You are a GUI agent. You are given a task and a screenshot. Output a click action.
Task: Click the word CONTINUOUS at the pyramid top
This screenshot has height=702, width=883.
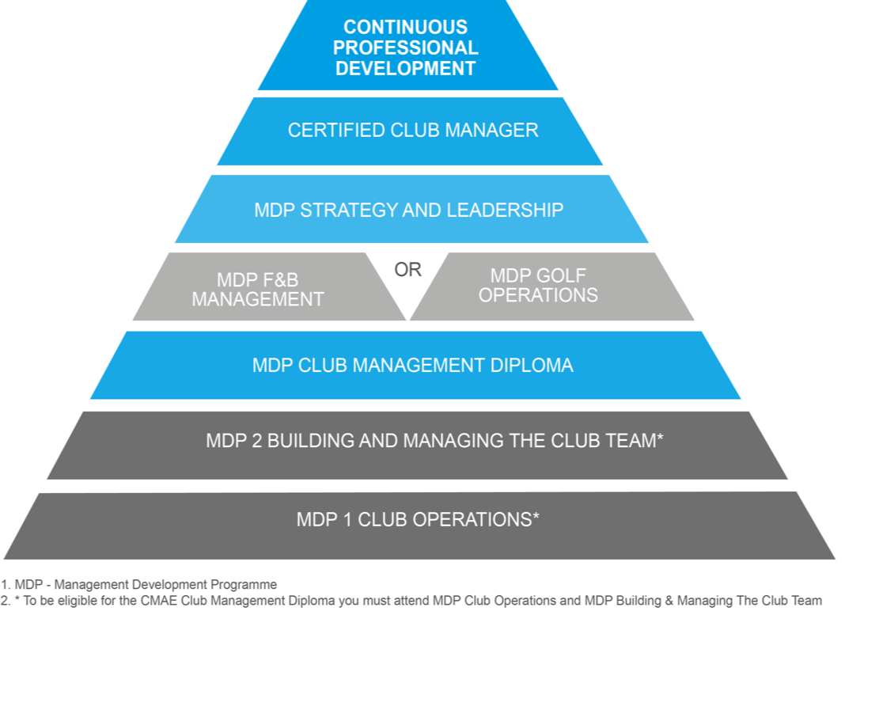coord(405,28)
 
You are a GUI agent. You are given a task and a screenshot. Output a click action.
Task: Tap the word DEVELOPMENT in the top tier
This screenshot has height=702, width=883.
coord(405,69)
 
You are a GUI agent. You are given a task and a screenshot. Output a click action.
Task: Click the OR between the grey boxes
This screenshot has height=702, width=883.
coord(408,270)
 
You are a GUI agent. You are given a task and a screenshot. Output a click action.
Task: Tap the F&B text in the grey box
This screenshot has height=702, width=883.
coord(280,280)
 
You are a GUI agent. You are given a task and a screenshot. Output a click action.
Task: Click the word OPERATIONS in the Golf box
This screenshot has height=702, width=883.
coord(538,295)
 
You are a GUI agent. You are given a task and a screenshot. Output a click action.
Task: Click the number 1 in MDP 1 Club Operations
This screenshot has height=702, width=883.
coord(347,520)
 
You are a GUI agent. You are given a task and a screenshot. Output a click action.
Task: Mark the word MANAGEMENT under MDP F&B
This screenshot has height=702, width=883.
coord(258,300)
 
